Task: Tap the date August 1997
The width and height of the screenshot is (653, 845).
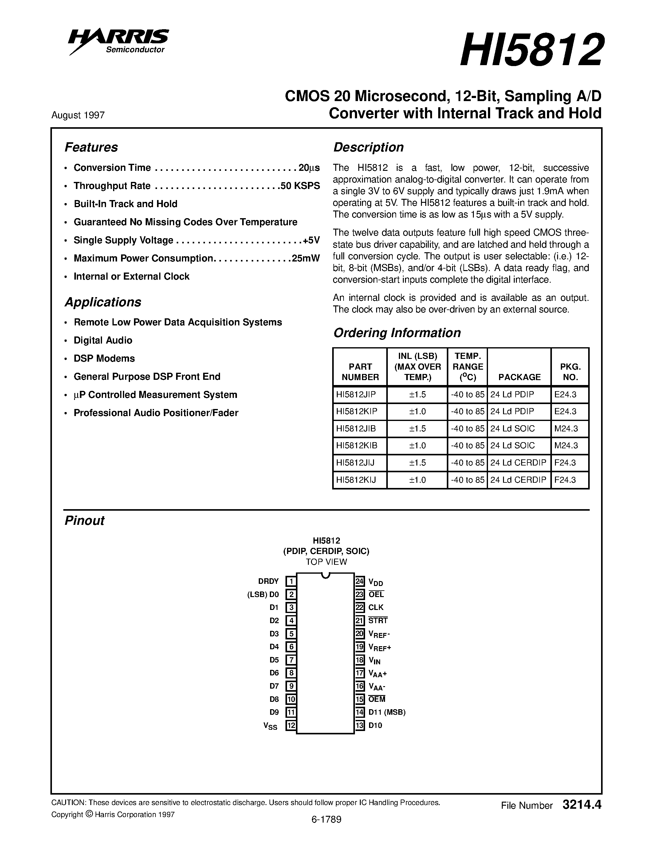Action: pos(78,115)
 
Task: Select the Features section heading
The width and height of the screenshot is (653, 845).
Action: pos(91,147)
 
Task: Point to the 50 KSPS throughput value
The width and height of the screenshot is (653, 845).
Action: pos(301,186)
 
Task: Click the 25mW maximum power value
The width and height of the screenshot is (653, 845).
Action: pos(306,258)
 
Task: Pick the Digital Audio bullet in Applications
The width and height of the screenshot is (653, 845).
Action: pos(103,340)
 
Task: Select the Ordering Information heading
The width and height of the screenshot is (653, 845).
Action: pos(397,333)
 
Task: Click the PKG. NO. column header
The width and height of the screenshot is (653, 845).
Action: pos(570,372)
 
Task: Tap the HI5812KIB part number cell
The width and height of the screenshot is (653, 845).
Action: pos(356,446)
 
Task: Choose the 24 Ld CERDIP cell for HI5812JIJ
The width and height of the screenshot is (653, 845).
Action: pos(518,463)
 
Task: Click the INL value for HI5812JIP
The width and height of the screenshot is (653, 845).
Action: pos(417,395)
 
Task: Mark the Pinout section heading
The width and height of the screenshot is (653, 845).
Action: pos(84,521)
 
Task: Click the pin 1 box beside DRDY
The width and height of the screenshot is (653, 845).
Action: pos(291,582)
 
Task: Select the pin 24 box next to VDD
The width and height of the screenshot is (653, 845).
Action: pos(360,582)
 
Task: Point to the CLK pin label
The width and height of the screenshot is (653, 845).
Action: pos(376,608)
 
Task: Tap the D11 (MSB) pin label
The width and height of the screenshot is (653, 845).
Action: pos(387,712)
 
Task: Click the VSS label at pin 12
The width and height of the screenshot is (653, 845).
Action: pos(270,726)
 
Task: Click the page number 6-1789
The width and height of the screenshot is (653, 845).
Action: pos(326,830)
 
